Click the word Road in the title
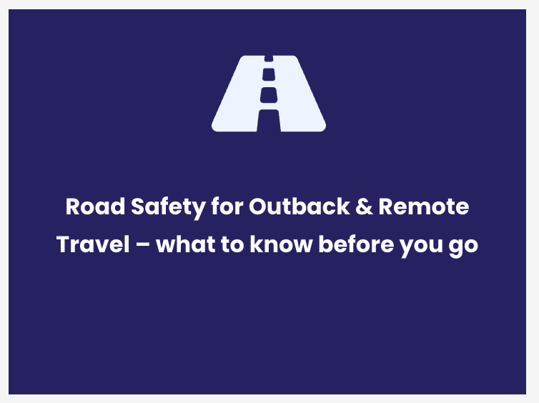(95, 207)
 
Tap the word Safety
(168, 208)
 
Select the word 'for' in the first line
(227, 206)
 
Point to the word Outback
(300, 206)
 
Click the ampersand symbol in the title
(364, 207)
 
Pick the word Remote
(424, 207)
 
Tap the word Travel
(93, 244)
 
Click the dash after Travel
(143, 245)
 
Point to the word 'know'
(281, 244)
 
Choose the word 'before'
(356, 244)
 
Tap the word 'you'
(421, 247)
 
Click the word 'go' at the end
(463, 247)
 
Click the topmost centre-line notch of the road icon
(269, 59)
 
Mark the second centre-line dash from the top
(269, 74)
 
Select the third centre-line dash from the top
(269, 95)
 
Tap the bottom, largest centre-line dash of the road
(269, 121)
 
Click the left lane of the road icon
(237, 99)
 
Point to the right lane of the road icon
(300, 99)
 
